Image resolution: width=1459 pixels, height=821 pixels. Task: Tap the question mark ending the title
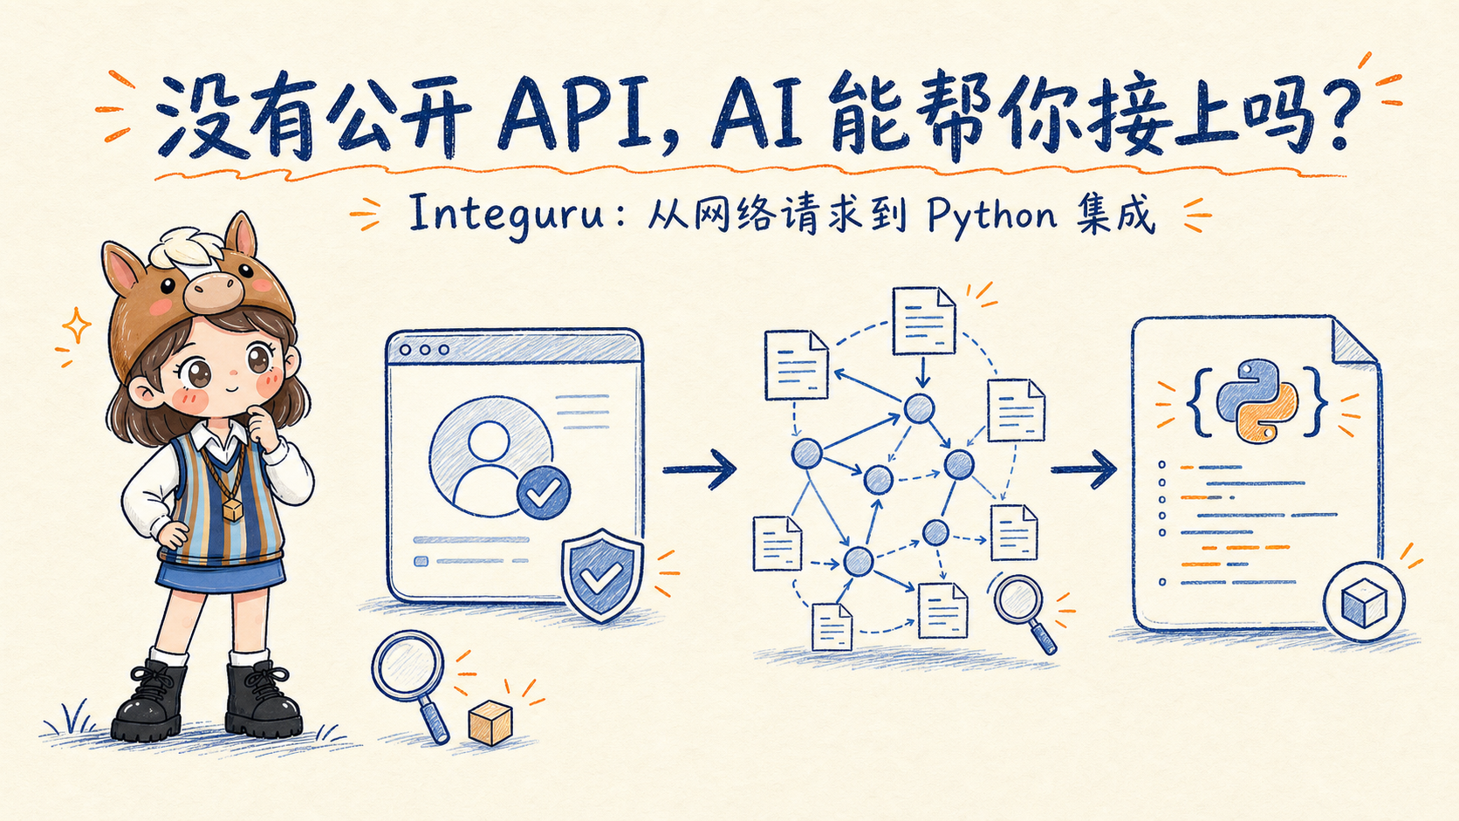[x=1335, y=114]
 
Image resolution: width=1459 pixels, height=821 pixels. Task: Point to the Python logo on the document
[x=1257, y=401]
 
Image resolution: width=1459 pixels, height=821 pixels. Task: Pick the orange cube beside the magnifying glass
[x=490, y=722]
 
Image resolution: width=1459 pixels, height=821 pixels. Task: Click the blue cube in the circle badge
[x=1364, y=602]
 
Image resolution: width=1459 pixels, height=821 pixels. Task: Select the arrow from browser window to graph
[x=699, y=469]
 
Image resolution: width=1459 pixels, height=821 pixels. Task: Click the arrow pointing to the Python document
[x=1084, y=469]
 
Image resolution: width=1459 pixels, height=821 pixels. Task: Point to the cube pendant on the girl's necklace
[x=232, y=510]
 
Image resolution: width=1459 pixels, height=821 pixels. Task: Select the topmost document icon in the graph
[x=923, y=321]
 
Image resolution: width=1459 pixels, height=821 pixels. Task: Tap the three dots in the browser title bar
[x=425, y=350]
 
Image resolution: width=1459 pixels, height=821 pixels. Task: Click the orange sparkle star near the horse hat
[x=76, y=325]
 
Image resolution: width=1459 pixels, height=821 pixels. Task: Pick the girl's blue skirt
[x=221, y=576]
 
